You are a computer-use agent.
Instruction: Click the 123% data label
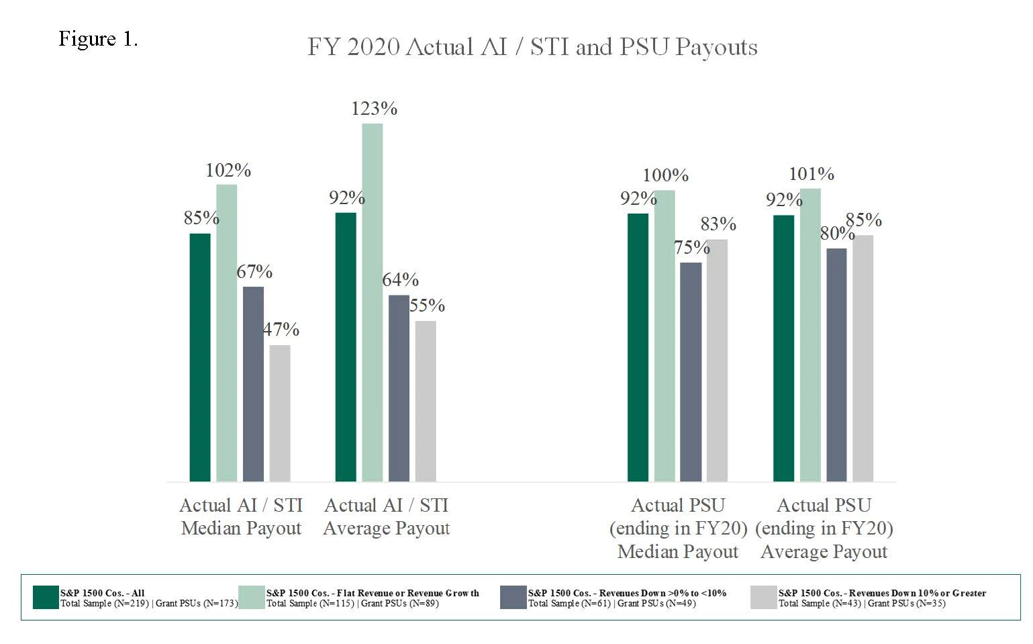point(374,109)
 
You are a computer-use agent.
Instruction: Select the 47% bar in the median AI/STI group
point(280,413)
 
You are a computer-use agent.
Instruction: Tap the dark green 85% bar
point(200,357)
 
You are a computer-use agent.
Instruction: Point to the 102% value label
point(228,171)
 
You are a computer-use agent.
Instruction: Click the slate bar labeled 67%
point(253,383)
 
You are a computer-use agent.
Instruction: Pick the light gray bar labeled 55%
point(426,401)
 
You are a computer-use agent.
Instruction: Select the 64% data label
point(401,279)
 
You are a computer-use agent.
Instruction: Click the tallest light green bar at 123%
point(373,302)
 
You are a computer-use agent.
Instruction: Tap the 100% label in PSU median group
point(665,175)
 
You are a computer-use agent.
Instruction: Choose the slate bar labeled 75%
point(691,371)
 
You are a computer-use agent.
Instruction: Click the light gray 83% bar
point(717,360)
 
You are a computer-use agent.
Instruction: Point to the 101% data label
point(811,174)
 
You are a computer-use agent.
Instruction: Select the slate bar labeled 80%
point(836,365)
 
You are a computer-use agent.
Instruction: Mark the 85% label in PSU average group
point(864,220)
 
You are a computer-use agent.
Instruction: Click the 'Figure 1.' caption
point(98,39)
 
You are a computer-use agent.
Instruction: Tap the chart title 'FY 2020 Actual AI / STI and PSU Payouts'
point(532,47)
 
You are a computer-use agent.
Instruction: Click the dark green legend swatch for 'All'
point(46,597)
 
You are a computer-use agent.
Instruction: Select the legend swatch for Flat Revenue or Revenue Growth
point(252,597)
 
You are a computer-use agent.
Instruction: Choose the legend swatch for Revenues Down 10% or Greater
point(764,597)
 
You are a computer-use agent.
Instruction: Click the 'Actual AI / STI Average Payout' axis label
point(387,516)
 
